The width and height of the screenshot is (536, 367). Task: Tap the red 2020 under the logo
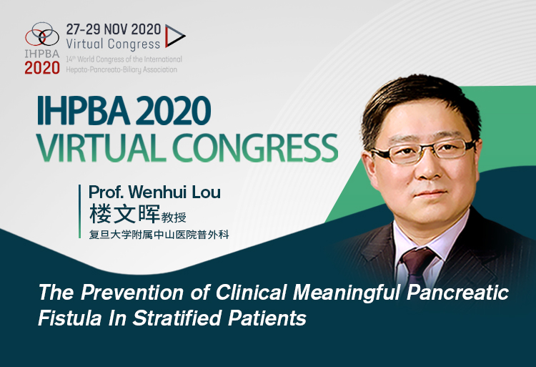[42, 68]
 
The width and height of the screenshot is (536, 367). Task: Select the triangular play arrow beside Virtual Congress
[174, 36]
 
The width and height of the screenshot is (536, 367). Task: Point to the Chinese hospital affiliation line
[152, 234]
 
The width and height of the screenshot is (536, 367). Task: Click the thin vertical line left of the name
[81, 211]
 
